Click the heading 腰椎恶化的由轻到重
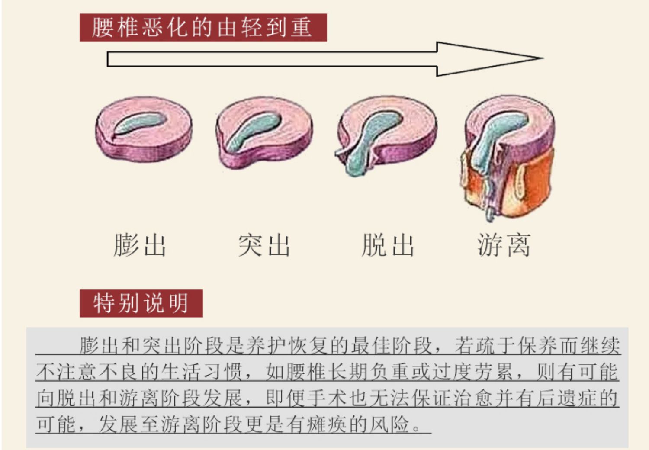[x=202, y=27]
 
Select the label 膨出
[x=140, y=245]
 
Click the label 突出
[x=264, y=245]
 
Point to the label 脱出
[x=388, y=245]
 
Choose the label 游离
[x=504, y=245]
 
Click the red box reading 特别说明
[x=141, y=303]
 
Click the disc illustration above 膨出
[x=144, y=129]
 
